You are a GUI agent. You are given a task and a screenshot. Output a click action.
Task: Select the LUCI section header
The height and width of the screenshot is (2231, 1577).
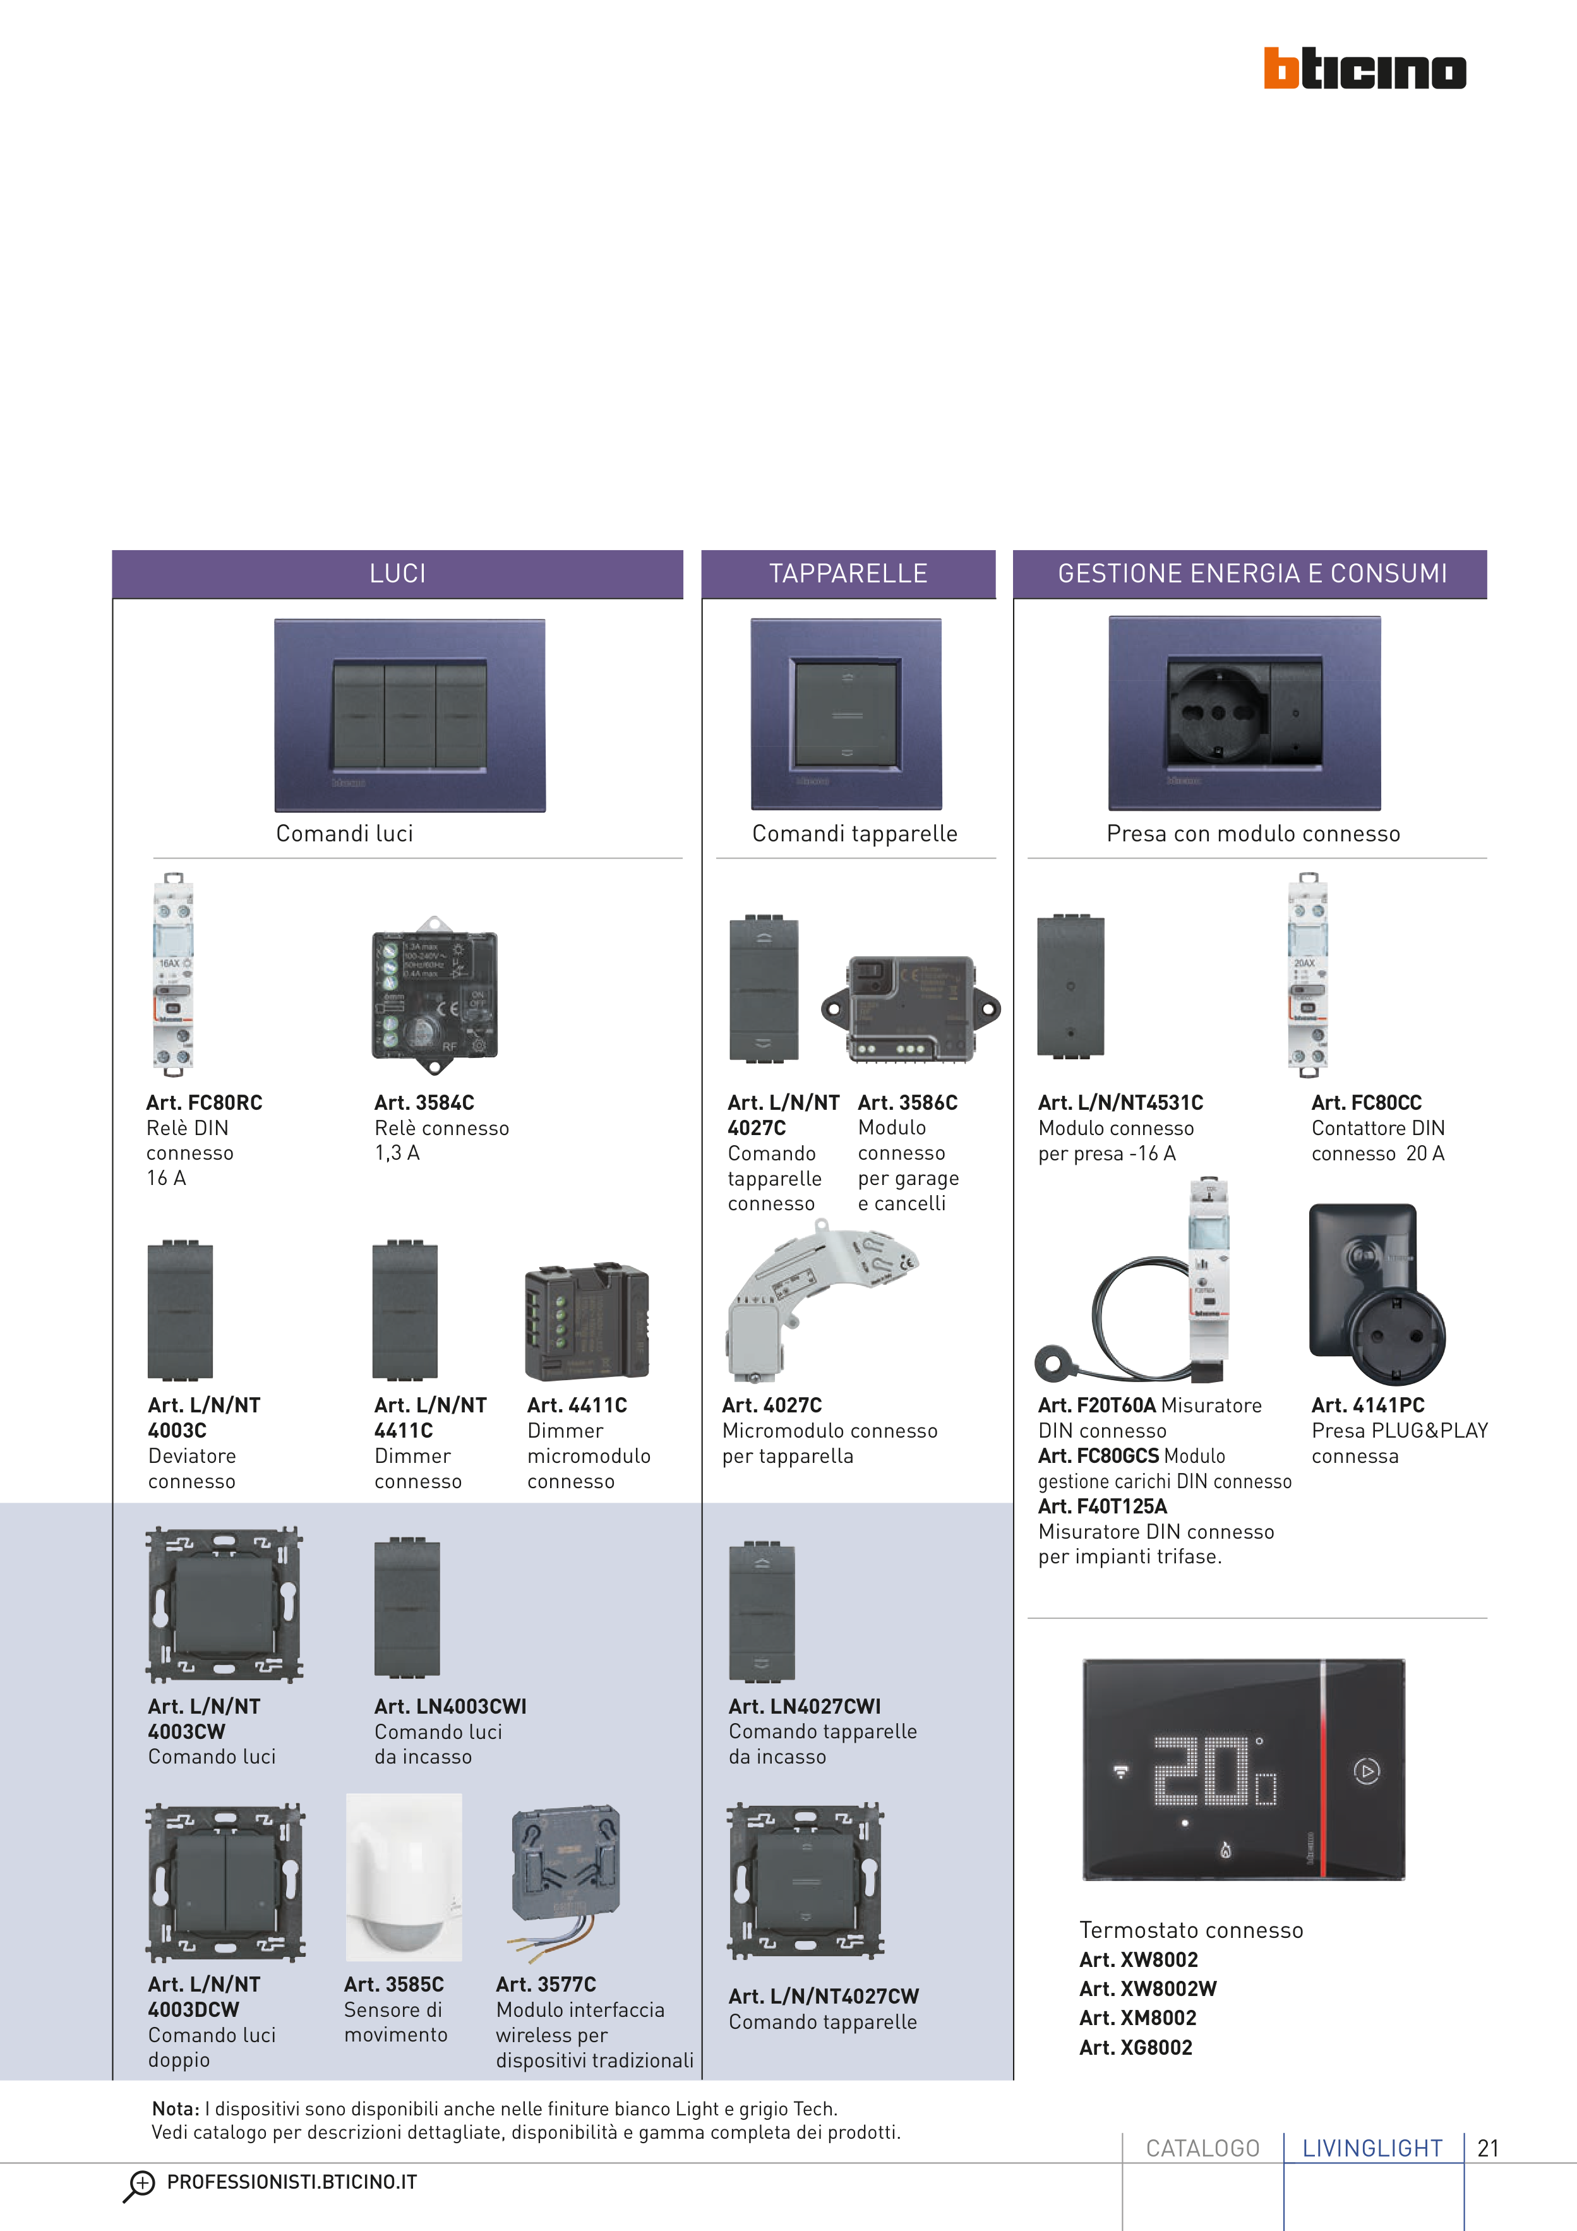397,574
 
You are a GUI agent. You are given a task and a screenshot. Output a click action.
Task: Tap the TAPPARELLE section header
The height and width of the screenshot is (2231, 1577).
848,574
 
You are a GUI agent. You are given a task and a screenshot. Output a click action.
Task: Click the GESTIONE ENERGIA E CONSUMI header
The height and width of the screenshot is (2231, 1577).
1252,574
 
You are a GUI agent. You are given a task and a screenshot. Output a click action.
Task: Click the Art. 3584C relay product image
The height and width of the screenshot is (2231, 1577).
435,994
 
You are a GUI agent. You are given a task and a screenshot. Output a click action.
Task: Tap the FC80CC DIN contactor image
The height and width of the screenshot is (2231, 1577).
1307,975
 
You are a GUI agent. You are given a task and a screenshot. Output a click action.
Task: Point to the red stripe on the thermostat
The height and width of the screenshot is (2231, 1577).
1322,1769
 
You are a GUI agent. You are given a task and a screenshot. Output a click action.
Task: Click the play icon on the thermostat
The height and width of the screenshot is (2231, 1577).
1366,1771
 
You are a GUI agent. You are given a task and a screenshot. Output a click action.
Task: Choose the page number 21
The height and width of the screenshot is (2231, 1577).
1487,2148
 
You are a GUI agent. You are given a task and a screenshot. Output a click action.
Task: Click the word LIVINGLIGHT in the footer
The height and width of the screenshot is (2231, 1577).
1372,2148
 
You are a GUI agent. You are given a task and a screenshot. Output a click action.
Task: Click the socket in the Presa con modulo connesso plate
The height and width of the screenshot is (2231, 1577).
1218,713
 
